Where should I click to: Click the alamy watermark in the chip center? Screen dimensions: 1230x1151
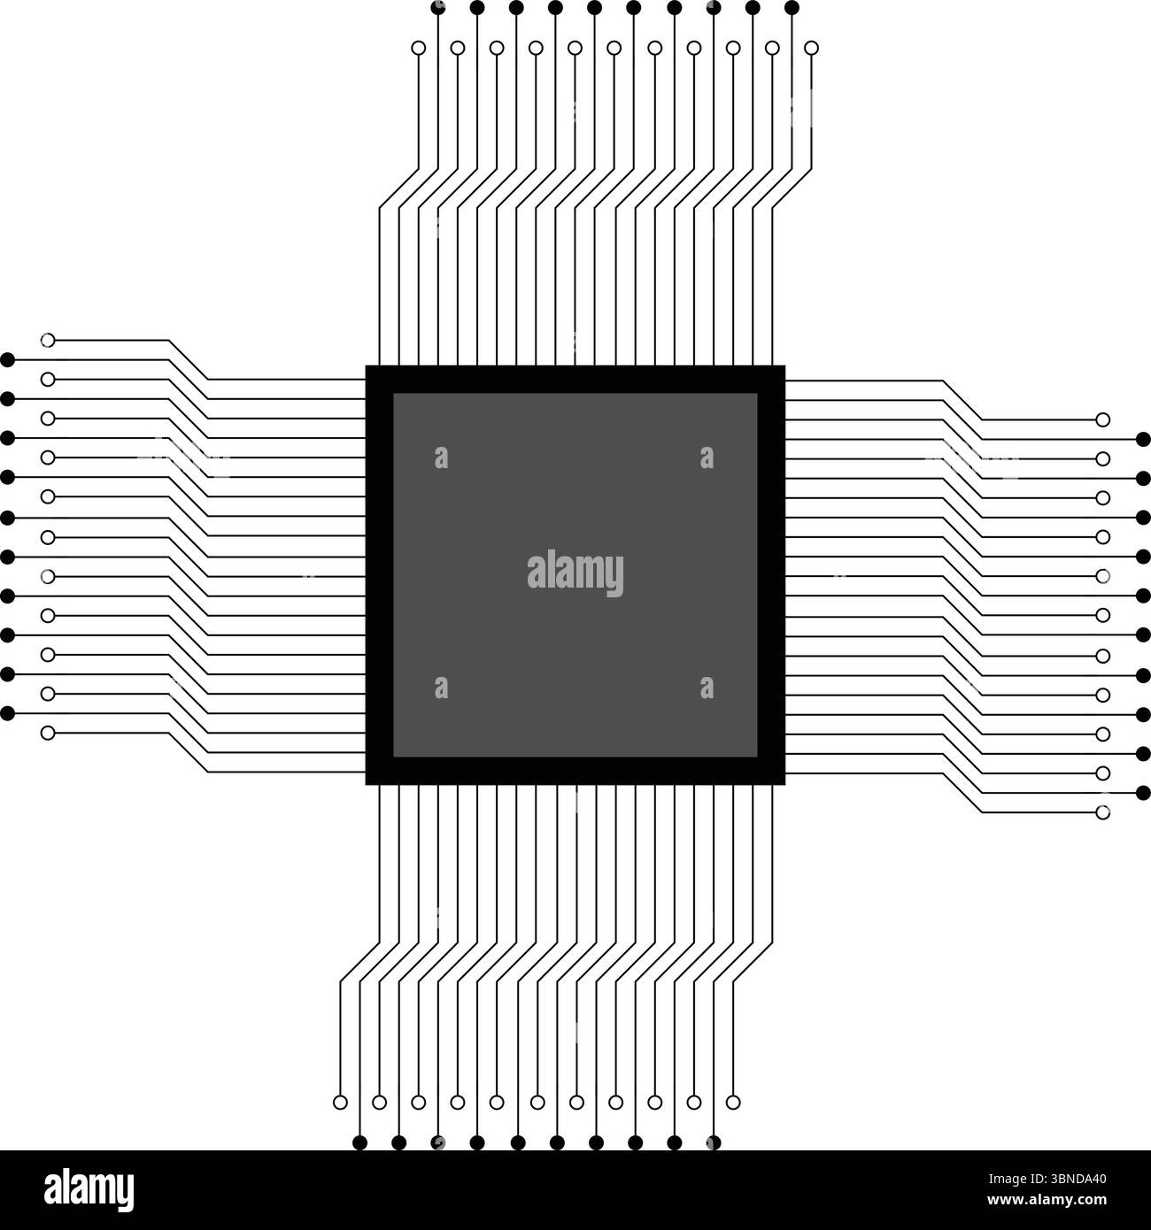pyautogui.click(x=575, y=573)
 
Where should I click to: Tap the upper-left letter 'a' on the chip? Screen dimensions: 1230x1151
pyautogui.click(x=441, y=457)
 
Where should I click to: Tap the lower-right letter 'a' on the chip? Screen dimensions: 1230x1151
pyautogui.click(x=706, y=688)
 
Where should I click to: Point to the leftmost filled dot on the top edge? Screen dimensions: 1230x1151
pyautogui.click(x=437, y=8)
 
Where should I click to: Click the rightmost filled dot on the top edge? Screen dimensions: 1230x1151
pyautogui.click(x=792, y=8)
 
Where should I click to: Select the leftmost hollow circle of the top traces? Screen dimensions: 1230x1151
pyautogui.click(x=419, y=48)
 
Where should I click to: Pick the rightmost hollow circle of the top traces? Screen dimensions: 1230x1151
pyautogui.click(x=812, y=48)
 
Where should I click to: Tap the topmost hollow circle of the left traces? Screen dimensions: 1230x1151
pyautogui.click(x=48, y=340)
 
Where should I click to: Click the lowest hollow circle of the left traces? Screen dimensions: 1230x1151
pyautogui.click(x=48, y=733)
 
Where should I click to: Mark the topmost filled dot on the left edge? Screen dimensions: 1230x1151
pyautogui.click(x=8, y=359)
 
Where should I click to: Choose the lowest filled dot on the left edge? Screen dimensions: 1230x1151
pyautogui.click(x=8, y=712)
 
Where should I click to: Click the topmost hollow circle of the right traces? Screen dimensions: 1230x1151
pyautogui.click(x=1102, y=419)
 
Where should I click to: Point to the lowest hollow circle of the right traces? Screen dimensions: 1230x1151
pyautogui.click(x=1102, y=811)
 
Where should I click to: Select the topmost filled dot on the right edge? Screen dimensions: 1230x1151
pyautogui.click(x=1142, y=438)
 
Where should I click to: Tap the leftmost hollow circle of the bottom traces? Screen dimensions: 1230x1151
pyautogui.click(x=340, y=1102)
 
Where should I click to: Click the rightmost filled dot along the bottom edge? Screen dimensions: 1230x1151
pyautogui.click(x=713, y=1142)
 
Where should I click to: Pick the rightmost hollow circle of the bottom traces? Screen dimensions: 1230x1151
pyautogui.click(x=732, y=1102)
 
